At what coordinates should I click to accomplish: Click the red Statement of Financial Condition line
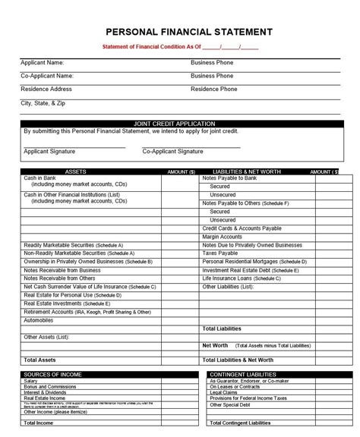point(180,47)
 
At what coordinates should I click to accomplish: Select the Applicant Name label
point(43,63)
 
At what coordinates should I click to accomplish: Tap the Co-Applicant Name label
point(47,76)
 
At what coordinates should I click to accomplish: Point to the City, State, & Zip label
point(43,102)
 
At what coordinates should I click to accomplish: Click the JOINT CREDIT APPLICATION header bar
point(180,123)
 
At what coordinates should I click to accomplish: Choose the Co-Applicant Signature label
point(172,152)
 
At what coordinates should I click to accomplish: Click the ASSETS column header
point(76,172)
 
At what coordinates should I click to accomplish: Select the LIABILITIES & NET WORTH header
point(242,172)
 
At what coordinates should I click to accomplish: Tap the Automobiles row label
point(39,320)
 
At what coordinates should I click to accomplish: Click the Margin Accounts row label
point(222,237)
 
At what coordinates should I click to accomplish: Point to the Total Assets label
point(39,360)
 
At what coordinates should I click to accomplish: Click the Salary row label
point(31,381)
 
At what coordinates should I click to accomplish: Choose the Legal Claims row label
point(225,392)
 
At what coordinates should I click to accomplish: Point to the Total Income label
point(39,423)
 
